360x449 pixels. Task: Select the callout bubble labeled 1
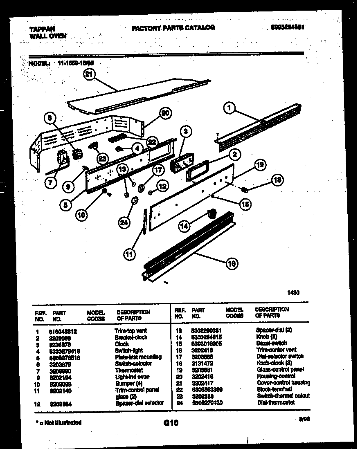tap(230, 108)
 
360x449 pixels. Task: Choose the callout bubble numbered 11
tap(129, 254)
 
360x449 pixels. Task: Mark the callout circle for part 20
tap(165, 113)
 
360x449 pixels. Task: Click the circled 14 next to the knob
tap(184, 225)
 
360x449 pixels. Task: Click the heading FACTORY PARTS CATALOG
tap(173, 28)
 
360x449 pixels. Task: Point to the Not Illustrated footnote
tap(58, 422)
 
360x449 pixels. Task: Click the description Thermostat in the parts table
tap(129, 370)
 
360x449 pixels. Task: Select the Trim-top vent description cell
tap(130, 330)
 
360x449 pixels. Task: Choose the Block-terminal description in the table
tap(274, 389)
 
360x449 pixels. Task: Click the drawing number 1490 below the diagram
tap(293, 293)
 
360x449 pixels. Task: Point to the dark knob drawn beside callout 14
tap(211, 213)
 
